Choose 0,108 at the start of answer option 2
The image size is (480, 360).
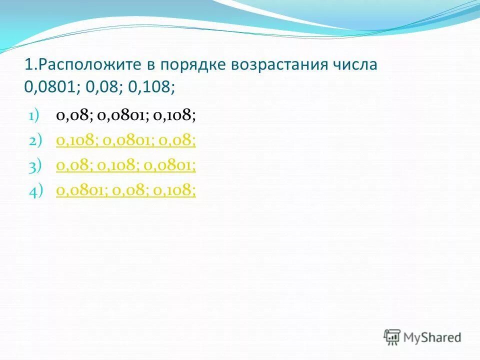click(77, 141)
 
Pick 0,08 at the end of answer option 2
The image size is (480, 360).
click(176, 141)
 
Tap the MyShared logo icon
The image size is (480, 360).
click(392, 337)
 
